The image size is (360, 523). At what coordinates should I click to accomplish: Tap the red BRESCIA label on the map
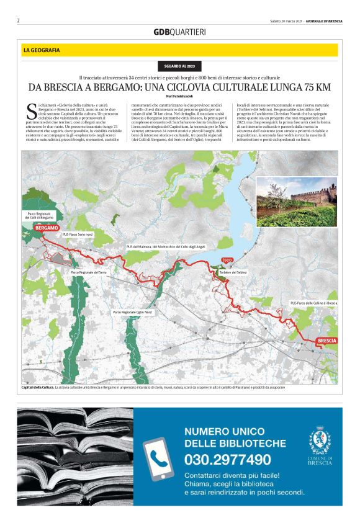coord(326,341)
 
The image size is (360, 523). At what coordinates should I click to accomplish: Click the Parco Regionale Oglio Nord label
coord(132,312)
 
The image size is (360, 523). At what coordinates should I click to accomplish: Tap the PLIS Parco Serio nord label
coord(78,235)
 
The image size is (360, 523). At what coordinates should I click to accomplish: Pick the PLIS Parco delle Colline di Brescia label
coord(313,303)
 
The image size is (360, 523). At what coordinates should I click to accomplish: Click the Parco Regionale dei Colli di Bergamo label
coord(39,216)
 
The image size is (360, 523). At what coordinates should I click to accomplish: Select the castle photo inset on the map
coord(296,204)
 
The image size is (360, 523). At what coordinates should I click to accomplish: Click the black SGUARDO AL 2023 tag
coord(180,66)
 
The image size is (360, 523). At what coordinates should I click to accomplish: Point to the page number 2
coord(19,20)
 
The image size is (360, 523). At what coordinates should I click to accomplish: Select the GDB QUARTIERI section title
coord(179,32)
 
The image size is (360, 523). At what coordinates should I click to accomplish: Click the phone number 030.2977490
coord(228,460)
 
